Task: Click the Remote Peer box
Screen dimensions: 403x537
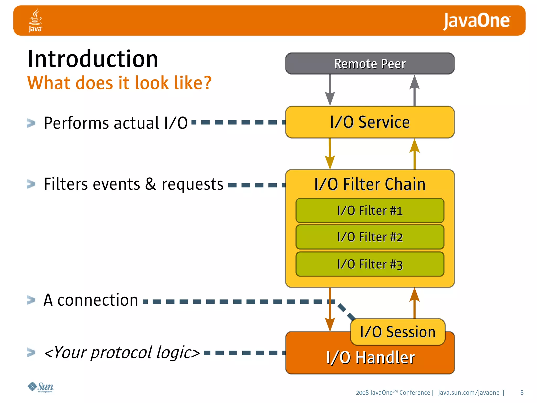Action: (370, 64)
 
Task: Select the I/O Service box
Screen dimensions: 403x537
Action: (370, 122)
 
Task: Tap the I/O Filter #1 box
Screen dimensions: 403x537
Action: (370, 211)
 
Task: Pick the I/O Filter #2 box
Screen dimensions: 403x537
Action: (370, 237)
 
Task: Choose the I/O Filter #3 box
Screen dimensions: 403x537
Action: (370, 264)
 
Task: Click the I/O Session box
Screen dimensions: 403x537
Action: (398, 332)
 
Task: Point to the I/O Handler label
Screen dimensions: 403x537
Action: (370, 358)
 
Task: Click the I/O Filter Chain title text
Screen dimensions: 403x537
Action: (370, 184)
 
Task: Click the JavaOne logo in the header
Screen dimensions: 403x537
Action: (476, 21)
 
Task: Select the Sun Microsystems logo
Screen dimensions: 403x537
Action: (41, 387)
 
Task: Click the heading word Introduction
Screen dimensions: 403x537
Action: (93, 59)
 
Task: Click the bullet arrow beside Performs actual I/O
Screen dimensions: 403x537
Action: (31, 123)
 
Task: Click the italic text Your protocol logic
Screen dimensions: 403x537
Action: (122, 352)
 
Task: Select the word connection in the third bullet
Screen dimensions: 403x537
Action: (98, 300)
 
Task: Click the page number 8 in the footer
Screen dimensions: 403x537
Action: (522, 393)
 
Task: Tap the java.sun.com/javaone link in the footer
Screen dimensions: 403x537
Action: (469, 393)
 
